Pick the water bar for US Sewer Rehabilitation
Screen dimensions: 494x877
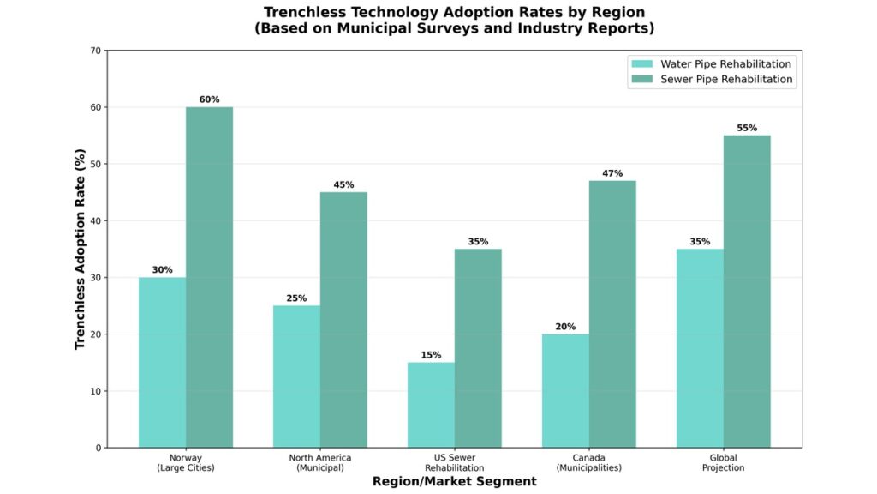[x=431, y=404]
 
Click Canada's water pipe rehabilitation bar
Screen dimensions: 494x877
[x=565, y=390]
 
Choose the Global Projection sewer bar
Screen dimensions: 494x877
[x=747, y=291]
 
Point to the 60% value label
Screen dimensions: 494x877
[x=210, y=99]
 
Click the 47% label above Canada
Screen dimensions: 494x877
[x=613, y=173]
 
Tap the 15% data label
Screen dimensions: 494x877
[x=431, y=355]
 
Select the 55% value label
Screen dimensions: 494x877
[x=747, y=128]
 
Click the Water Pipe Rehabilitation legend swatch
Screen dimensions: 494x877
[x=641, y=64]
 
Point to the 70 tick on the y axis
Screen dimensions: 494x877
[x=95, y=51]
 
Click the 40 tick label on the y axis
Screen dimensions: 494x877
[x=95, y=221]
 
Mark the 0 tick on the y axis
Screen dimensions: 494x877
[x=98, y=448]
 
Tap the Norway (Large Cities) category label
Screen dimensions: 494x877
[x=186, y=462]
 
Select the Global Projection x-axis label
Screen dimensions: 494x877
[x=724, y=462]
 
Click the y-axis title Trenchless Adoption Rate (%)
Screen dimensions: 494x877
[x=81, y=249]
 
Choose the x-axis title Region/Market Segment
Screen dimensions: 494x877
[x=454, y=482]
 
